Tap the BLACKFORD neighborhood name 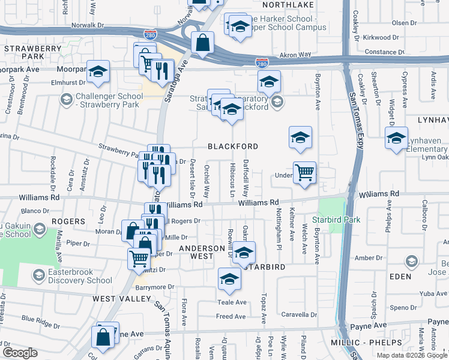(x=233, y=146)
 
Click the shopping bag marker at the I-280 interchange (x=203, y=43)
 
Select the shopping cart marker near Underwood (x=304, y=173)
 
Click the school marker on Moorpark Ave (x=98, y=72)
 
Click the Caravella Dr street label (x=299, y=314)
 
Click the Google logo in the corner (x=20, y=353)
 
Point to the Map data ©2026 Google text (x=412, y=355)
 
